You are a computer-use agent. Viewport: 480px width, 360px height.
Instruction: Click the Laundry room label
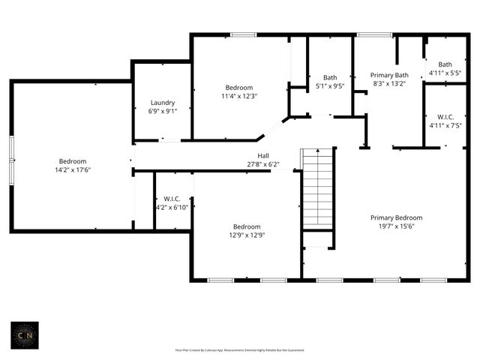(162, 103)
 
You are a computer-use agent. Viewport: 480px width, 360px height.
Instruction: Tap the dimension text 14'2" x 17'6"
(73, 170)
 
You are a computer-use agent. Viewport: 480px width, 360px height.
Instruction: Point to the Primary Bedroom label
(396, 217)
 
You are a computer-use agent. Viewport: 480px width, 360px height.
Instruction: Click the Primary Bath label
(390, 75)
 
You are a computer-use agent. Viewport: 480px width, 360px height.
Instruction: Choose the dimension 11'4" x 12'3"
(239, 96)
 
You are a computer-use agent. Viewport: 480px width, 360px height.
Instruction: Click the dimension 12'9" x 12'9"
(246, 235)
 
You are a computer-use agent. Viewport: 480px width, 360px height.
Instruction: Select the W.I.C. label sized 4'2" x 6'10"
(172, 199)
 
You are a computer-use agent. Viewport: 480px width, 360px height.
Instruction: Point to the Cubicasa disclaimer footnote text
(239, 349)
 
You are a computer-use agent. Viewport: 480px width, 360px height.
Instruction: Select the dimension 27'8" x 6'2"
(263, 164)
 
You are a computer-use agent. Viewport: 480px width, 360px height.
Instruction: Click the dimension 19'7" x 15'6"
(396, 226)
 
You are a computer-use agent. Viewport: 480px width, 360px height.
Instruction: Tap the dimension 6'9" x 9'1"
(162, 111)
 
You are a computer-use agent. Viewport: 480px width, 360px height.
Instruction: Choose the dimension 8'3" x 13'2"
(390, 83)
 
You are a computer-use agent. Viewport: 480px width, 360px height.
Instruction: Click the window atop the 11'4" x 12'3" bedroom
(242, 34)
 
